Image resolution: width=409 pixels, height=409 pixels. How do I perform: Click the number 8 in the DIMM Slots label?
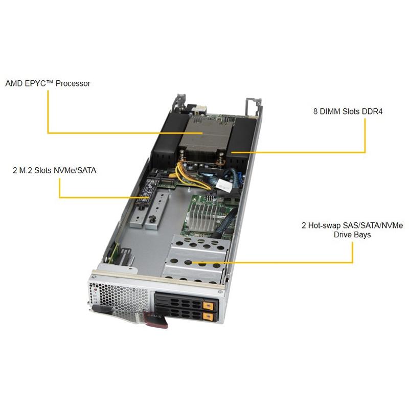coord(315,110)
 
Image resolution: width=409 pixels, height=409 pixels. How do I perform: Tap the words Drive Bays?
coord(352,235)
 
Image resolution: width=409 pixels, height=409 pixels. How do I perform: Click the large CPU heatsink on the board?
coord(204,133)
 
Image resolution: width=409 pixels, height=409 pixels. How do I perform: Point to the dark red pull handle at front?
coord(154,321)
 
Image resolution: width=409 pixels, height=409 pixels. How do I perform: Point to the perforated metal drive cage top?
coord(194,261)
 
